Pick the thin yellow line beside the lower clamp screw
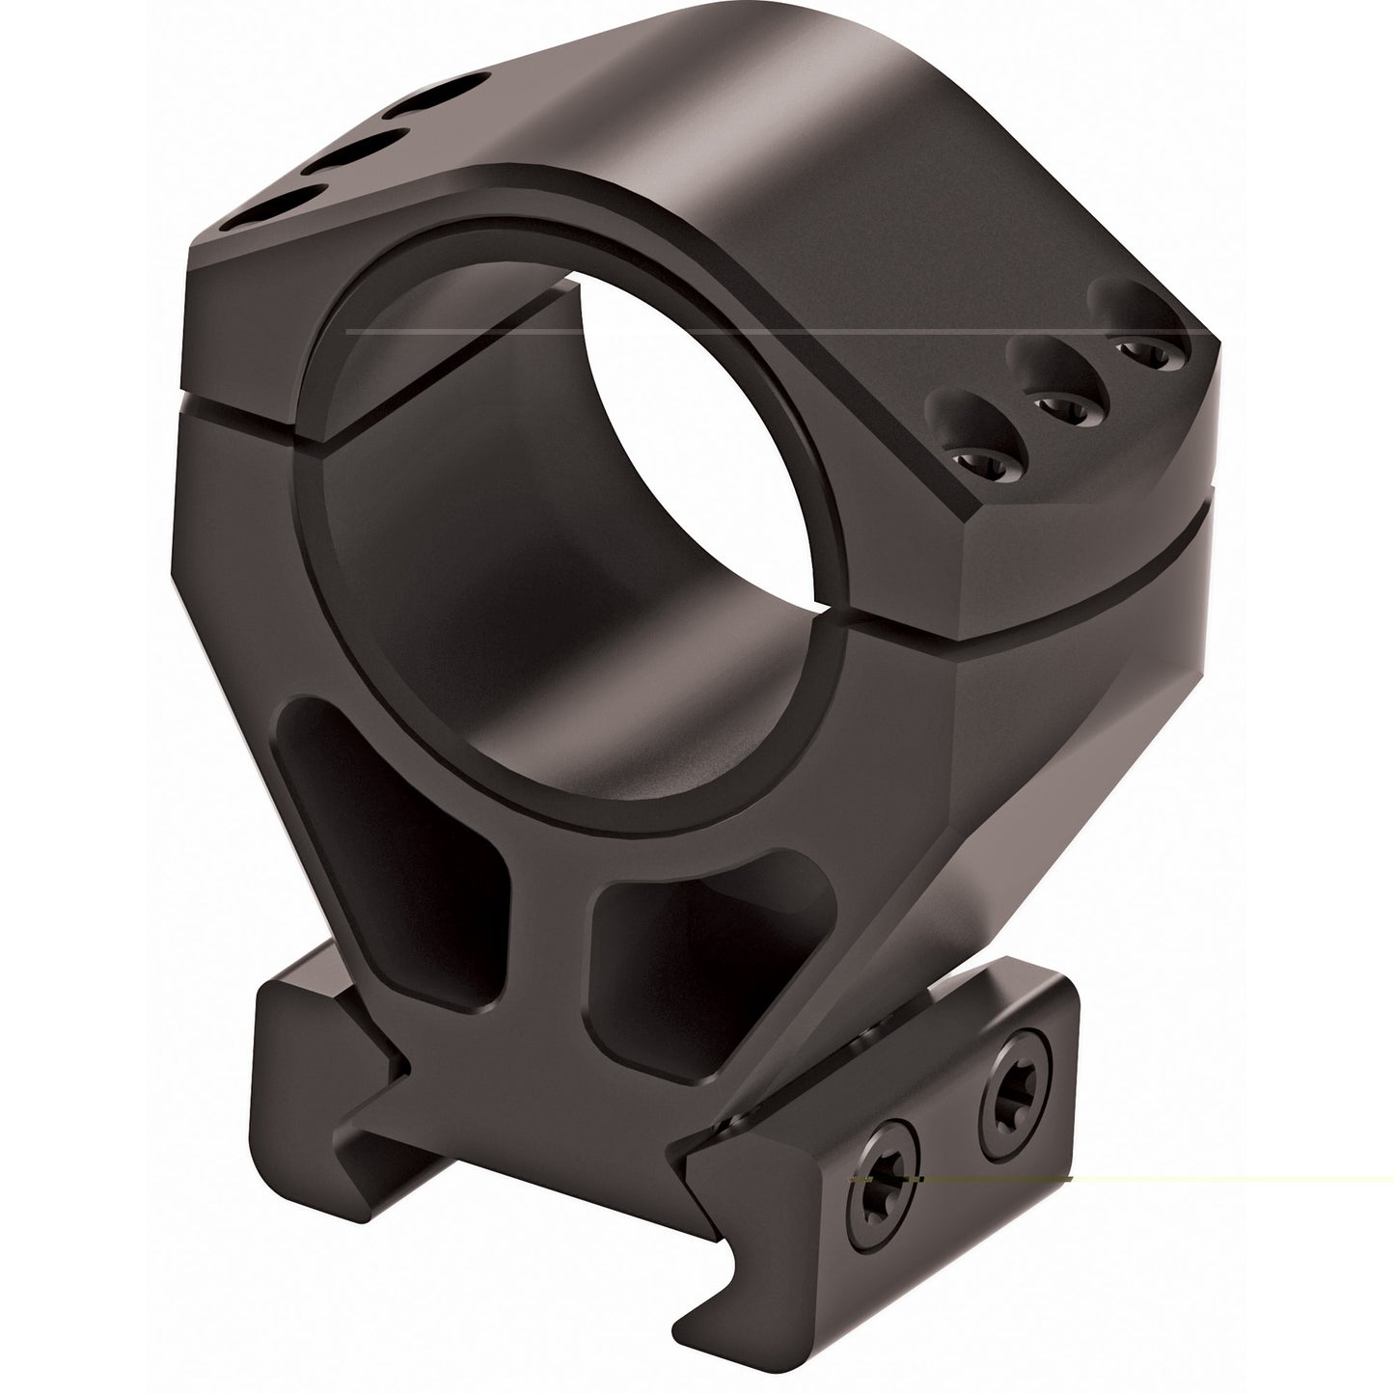[x=1206, y=1179]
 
